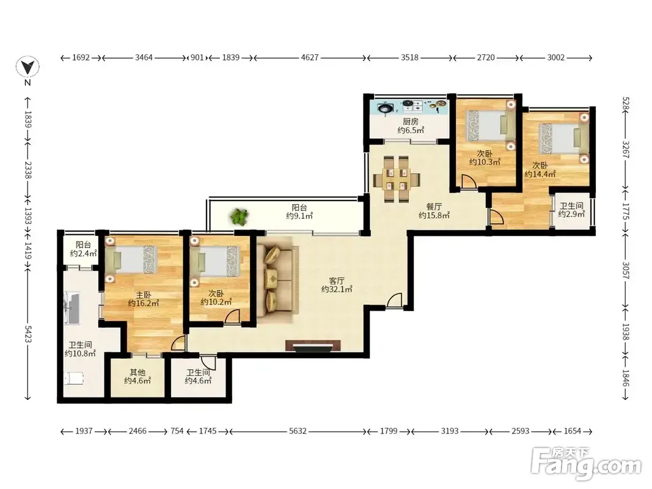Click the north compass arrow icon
click(27, 67)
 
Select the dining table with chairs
click(397, 179)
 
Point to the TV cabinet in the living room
click(313, 346)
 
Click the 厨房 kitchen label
click(411, 122)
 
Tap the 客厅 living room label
click(337, 281)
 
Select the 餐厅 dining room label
click(434, 206)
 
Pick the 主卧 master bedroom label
click(143, 295)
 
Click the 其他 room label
click(137, 372)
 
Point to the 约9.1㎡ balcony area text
click(299, 215)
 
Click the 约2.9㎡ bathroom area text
click(571, 214)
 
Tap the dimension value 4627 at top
click(310, 57)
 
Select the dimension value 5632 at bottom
click(298, 431)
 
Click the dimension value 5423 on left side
click(28, 334)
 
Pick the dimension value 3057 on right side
click(626, 270)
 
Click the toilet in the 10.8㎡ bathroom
click(74, 378)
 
